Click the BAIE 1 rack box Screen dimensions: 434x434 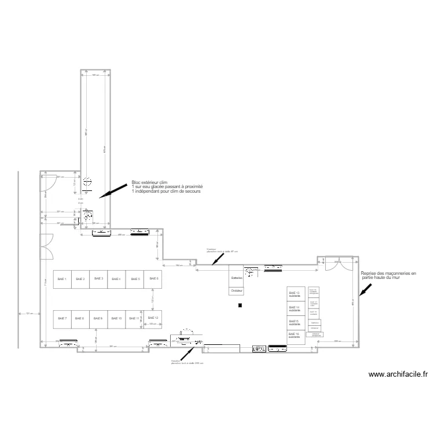pos(62,279)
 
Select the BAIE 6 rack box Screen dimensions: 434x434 pos(153,279)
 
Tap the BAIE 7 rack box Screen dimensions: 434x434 pos(62,318)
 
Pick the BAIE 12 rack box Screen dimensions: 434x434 pos(153,318)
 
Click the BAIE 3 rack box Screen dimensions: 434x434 pos(98,279)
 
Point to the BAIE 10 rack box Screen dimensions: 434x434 pos(116,318)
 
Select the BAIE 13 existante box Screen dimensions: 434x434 pos(296,295)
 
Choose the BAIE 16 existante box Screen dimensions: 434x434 pos(296,336)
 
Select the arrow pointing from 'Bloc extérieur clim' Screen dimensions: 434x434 pos(113,191)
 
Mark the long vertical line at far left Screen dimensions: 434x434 pos(18,260)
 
